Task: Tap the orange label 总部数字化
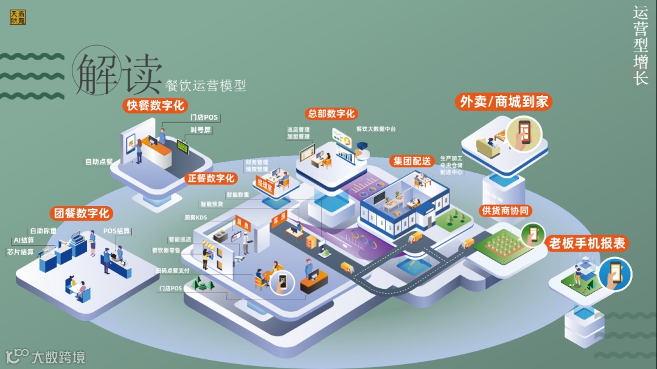click(x=332, y=114)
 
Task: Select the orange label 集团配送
click(x=412, y=161)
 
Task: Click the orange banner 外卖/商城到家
click(x=504, y=102)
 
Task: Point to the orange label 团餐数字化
click(x=82, y=213)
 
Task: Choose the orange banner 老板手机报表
click(x=588, y=244)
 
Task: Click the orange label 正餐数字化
click(x=210, y=178)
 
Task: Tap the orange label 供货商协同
click(x=506, y=211)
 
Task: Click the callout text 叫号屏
click(x=201, y=130)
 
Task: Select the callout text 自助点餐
click(x=99, y=162)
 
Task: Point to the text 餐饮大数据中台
click(x=376, y=129)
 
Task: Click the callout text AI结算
click(x=24, y=241)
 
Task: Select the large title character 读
click(x=142, y=75)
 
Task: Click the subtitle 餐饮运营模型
click(x=206, y=86)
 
